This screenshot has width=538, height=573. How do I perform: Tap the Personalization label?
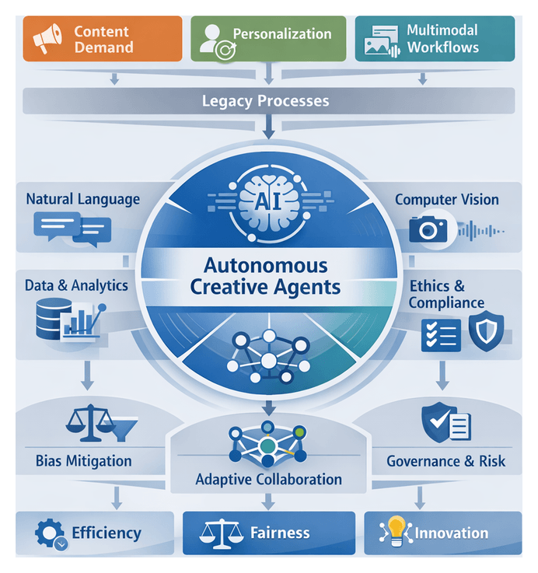[281, 34]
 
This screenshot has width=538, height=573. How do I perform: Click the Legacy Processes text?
[265, 101]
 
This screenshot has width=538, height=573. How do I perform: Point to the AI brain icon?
[264, 200]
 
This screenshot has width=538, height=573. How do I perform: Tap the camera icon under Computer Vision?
[428, 229]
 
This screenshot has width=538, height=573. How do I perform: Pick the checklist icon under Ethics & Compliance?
[436, 334]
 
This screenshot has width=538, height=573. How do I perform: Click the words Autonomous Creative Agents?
[265, 276]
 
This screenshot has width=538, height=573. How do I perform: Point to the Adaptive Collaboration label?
[268, 479]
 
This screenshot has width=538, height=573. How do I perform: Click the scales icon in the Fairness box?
[218, 533]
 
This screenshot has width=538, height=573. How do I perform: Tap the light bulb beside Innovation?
[397, 532]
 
